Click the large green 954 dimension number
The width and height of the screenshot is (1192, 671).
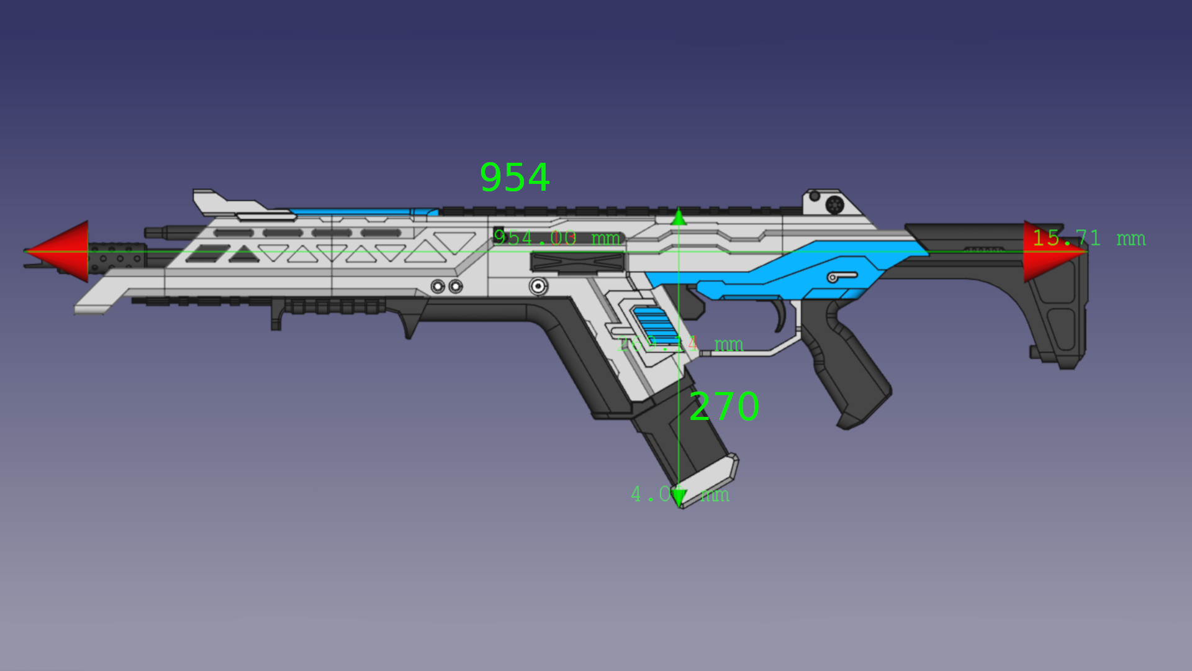(x=515, y=178)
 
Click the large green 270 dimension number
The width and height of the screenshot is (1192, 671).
(x=724, y=407)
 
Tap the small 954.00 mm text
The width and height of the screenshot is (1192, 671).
(x=556, y=238)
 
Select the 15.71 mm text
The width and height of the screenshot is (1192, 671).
(x=1088, y=238)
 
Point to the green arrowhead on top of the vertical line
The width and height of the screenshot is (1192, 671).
(x=679, y=218)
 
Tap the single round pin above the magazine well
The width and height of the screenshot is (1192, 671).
(x=538, y=286)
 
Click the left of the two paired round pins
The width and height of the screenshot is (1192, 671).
(x=438, y=286)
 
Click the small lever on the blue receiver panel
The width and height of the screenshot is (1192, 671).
(x=842, y=276)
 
